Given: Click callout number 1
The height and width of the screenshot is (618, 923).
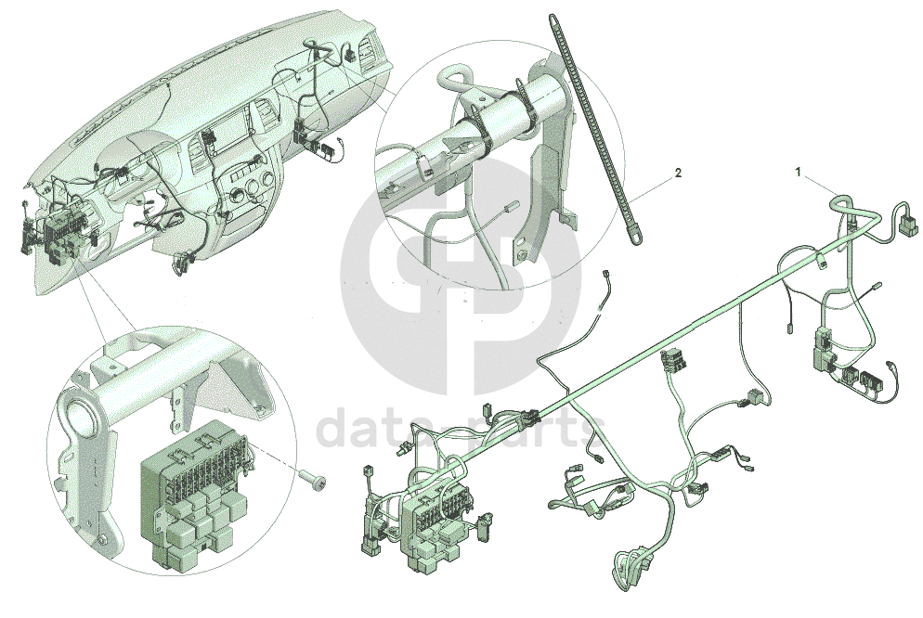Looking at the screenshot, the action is pos(799,173).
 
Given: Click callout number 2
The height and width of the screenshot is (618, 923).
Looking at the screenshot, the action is pos(678,173).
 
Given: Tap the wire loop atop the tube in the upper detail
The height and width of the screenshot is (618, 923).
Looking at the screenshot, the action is pos(454,76).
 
